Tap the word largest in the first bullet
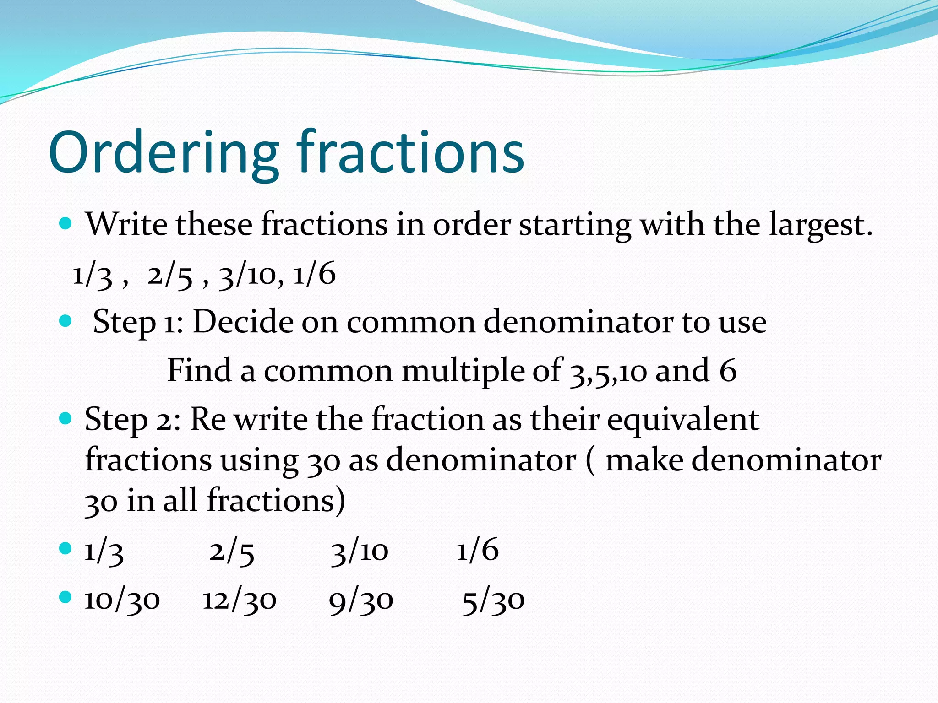point(820,225)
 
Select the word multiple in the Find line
point(481,371)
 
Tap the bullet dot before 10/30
point(66,597)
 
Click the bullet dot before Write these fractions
point(66,223)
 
